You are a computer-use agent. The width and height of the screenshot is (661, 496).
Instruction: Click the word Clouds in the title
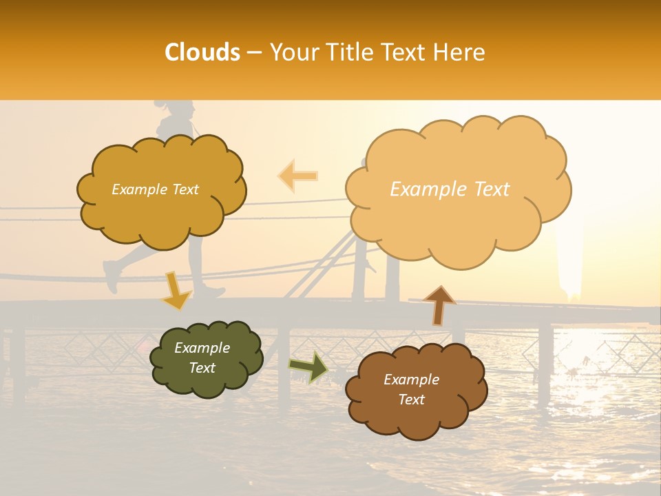(202, 52)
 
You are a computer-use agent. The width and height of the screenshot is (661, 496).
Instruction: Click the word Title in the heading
(348, 52)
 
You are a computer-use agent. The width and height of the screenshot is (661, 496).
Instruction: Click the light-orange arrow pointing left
(298, 176)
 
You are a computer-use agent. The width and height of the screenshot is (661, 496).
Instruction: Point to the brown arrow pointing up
(439, 304)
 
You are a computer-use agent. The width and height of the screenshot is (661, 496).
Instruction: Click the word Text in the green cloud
(202, 368)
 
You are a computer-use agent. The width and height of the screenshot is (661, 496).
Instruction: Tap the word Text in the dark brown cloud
(411, 400)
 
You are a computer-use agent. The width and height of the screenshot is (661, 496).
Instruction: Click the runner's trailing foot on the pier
(111, 276)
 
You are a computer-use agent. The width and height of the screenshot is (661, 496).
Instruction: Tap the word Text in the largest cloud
(490, 189)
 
